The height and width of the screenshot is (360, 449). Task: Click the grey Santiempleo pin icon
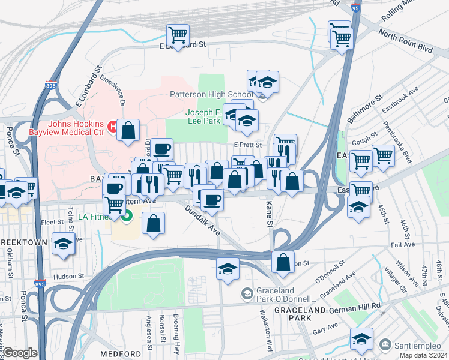point(385,346)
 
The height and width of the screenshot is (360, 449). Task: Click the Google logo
point(20,353)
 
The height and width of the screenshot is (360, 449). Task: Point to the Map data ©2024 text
point(424,355)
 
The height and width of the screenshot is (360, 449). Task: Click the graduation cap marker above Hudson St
point(63,244)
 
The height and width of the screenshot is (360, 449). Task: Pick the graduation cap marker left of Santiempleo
point(361,339)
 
